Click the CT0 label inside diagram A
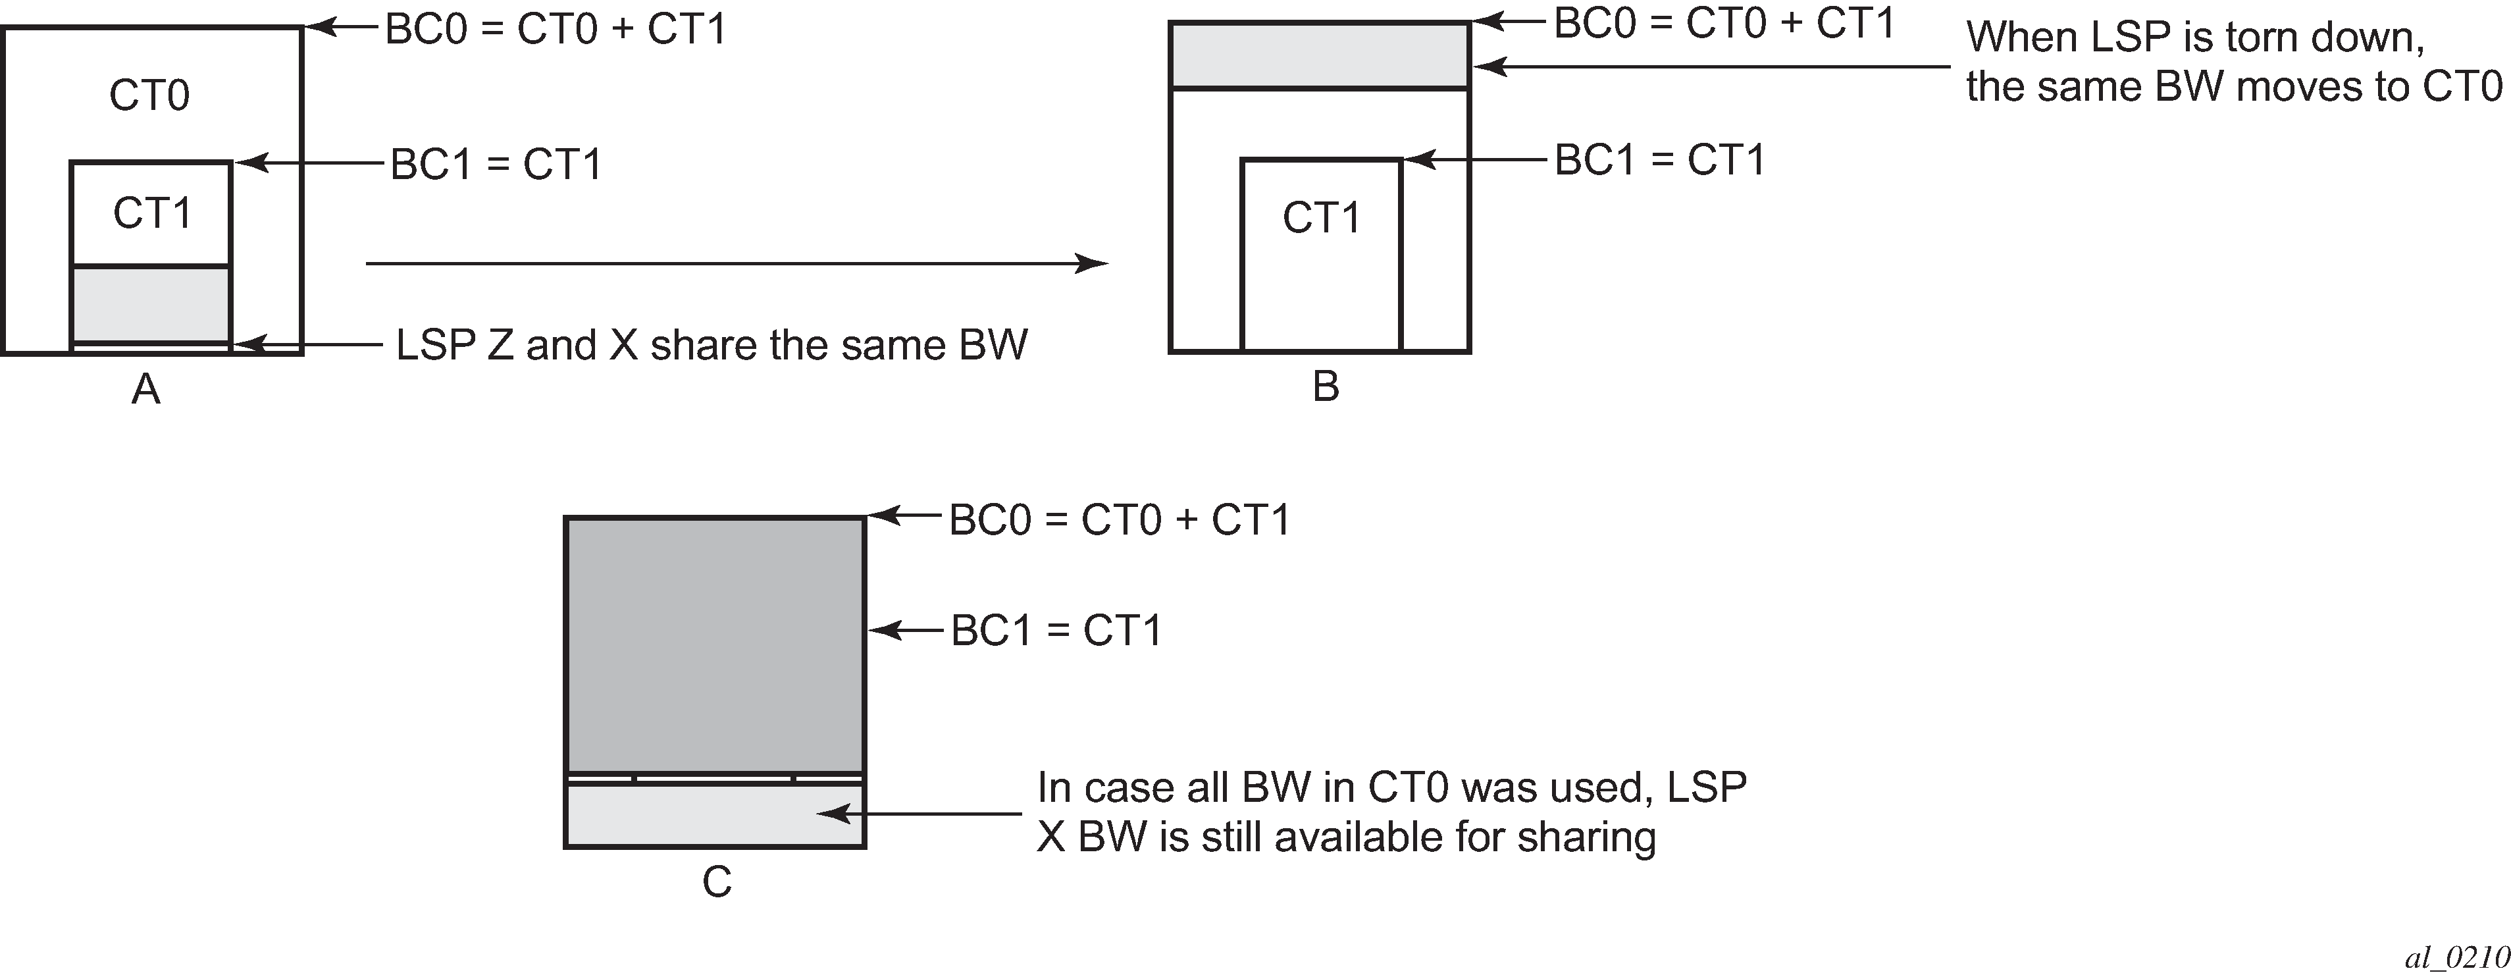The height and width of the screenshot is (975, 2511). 149,95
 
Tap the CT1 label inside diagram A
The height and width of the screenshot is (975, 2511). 152,213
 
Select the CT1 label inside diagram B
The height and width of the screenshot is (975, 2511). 1321,217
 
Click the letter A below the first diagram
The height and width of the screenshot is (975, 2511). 146,390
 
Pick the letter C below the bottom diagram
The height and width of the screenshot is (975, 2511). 717,882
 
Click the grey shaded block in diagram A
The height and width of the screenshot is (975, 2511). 151,304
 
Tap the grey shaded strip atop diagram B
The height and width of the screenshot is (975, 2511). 1320,55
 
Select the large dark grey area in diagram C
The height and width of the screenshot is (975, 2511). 715,645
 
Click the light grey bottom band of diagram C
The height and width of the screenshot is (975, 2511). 715,815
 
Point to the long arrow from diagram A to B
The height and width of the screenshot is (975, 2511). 737,263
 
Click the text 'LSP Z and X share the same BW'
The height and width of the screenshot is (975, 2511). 712,345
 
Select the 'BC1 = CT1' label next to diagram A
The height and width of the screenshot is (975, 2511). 496,165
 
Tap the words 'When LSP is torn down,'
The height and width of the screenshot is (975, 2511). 2195,37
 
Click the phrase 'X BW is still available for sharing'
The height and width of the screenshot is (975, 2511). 1346,837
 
